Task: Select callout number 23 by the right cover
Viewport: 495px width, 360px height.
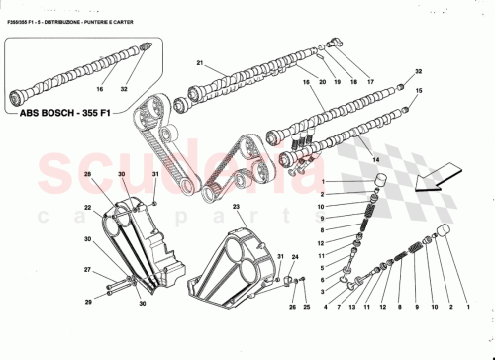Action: pos(237,206)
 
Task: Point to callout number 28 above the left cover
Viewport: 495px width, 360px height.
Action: pos(88,175)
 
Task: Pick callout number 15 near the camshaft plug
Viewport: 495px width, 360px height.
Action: pos(419,91)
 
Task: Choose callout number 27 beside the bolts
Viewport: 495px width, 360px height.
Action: pos(87,269)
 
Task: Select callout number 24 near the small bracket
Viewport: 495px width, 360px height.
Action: pos(294,256)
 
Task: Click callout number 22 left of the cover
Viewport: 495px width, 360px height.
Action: pos(88,206)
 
